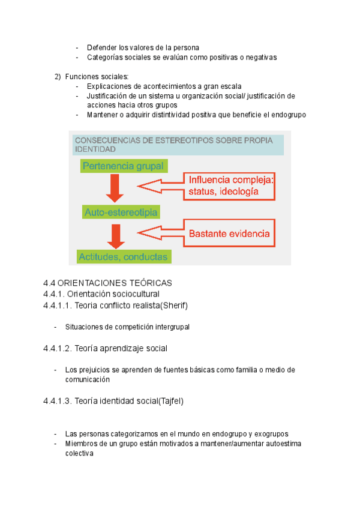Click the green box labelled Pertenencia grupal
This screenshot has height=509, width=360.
tap(124, 166)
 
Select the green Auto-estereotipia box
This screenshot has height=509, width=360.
tap(121, 212)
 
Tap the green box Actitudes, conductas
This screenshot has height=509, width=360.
tap(124, 256)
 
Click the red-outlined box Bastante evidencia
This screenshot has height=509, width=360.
tap(229, 233)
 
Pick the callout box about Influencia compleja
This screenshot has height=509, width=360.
tap(229, 185)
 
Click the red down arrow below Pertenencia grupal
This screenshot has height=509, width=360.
tap(115, 190)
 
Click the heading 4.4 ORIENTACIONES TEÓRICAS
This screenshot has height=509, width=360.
tap(108, 283)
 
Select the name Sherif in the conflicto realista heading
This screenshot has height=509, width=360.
tap(174, 306)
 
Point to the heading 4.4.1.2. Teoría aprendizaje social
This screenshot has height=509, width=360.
tap(105, 348)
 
